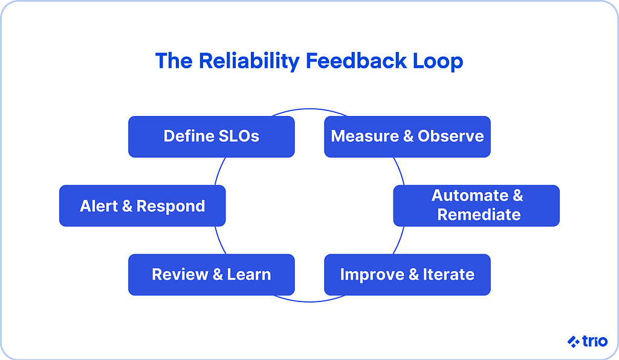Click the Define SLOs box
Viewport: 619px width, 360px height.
(211, 137)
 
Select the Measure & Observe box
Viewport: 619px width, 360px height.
(407, 137)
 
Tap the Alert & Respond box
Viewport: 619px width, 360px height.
(142, 206)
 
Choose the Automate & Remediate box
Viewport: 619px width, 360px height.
(476, 205)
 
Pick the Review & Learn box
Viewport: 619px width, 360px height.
(211, 275)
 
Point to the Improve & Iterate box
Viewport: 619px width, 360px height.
(407, 275)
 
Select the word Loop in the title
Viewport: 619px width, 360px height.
(439, 62)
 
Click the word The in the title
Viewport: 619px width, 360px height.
(173, 62)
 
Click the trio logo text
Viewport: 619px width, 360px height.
(595, 342)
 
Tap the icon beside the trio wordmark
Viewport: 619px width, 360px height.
(573, 342)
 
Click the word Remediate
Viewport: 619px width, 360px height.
(479, 215)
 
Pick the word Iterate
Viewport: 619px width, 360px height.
(449, 275)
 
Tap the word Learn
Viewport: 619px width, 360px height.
(249, 275)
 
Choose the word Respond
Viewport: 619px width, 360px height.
(171, 206)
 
